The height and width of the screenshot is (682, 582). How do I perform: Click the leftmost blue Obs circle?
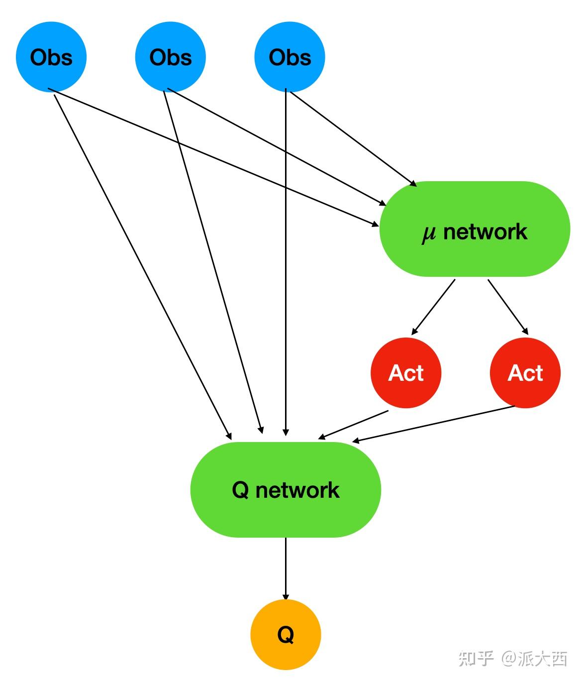[51, 57]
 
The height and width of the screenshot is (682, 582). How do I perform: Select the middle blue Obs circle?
[171, 57]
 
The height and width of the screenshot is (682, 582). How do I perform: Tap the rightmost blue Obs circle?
[290, 57]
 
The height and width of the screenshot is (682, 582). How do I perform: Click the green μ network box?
[475, 229]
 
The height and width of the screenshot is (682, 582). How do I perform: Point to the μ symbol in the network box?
[428, 233]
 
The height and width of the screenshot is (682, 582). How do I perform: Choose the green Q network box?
[286, 490]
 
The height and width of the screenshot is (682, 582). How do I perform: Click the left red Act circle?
[406, 373]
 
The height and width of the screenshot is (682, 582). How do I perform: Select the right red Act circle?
[525, 373]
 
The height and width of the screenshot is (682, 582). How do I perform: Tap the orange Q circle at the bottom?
[286, 635]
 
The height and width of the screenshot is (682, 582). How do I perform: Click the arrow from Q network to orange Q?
[286, 568]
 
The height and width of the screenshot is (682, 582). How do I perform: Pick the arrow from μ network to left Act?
[434, 306]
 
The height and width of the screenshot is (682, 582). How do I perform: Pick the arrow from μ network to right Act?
[507, 306]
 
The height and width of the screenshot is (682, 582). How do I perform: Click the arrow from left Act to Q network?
[353, 425]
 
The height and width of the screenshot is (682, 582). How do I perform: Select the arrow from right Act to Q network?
[433, 424]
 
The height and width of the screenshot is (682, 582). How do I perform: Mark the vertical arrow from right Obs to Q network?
[286, 259]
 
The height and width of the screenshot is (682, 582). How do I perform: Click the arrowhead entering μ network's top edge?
[413, 184]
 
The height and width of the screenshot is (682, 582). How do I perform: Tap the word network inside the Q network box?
[297, 490]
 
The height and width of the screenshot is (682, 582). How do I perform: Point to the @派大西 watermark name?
[534, 658]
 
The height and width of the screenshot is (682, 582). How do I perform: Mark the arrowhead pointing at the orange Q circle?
[286, 596]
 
